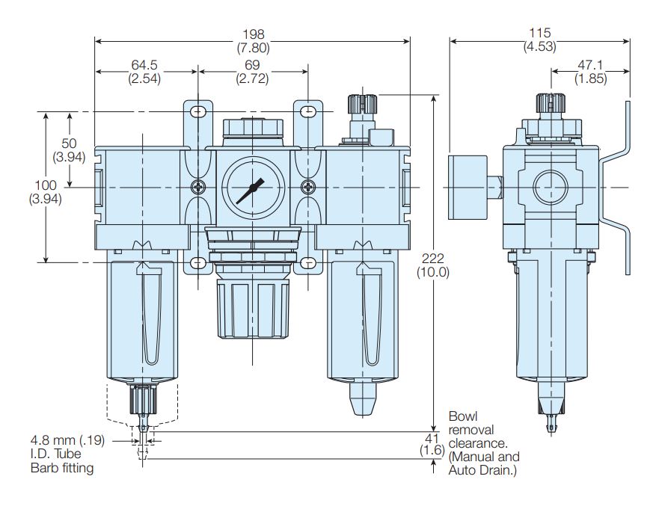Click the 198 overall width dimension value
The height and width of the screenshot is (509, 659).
tap(253, 35)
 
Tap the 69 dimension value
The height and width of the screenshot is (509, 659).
tap(252, 64)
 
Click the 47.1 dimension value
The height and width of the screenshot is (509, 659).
tap(590, 64)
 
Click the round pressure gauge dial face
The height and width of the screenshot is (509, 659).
tap(250, 186)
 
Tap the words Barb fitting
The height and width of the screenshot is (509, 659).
tap(62, 468)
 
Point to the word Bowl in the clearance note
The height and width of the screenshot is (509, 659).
tap(462, 416)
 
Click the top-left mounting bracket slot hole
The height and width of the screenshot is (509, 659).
tap(197, 112)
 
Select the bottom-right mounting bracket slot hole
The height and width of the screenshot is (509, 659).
tap(307, 262)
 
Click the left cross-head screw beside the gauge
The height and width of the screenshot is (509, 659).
tap(197, 186)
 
